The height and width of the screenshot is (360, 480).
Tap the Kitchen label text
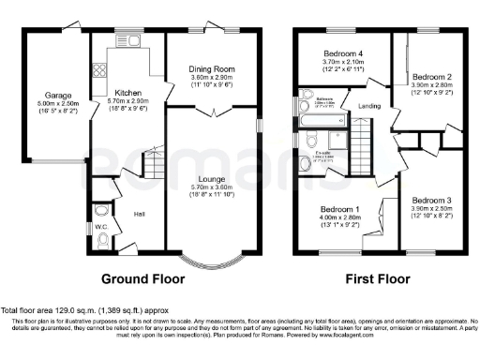coord(127,93)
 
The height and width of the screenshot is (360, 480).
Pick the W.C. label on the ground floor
coord(101,226)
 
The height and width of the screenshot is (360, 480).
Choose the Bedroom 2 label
coord(433,76)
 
